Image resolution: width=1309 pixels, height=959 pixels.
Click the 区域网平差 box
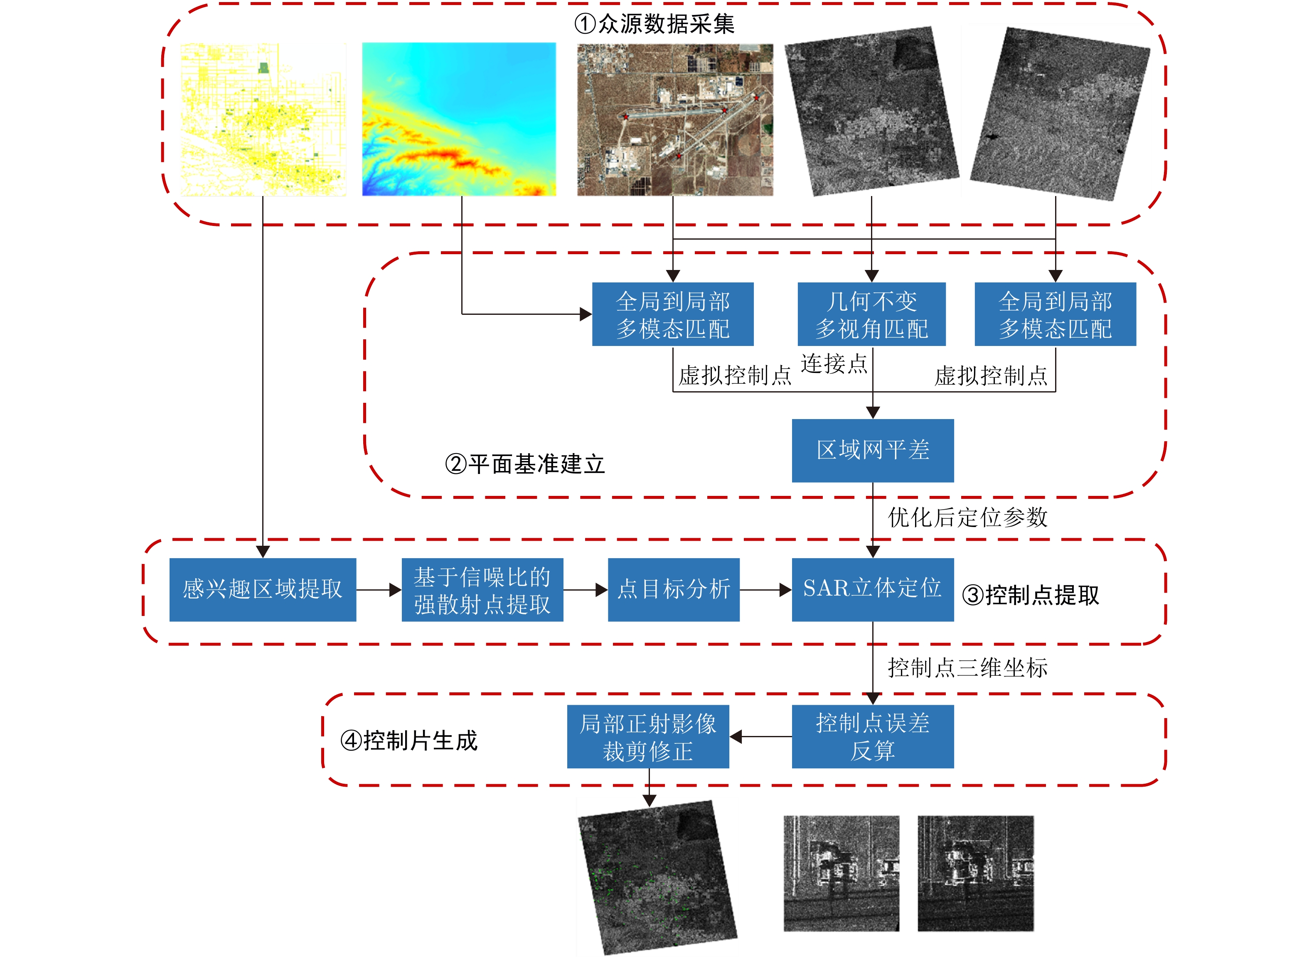tap(872, 451)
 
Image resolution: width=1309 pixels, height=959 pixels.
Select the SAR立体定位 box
tap(872, 589)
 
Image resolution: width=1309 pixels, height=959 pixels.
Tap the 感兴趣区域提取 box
tap(263, 589)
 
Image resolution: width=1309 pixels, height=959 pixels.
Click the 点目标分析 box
tap(673, 589)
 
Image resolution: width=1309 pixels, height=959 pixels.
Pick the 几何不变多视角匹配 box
tap(871, 314)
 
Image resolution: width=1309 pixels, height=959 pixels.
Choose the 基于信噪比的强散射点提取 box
tap(482, 589)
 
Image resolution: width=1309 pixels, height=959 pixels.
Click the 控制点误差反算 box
tap(872, 736)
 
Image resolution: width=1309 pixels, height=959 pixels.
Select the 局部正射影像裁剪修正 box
tap(647, 736)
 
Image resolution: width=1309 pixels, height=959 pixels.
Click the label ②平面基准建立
tap(525, 464)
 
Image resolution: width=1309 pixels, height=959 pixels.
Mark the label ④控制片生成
tap(409, 741)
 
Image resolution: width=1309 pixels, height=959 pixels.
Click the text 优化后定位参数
tap(967, 517)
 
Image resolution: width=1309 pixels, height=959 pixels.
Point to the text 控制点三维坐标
tap(967, 667)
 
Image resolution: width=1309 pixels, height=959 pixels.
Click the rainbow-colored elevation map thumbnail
tap(459, 119)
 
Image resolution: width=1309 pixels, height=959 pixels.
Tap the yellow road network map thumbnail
tap(263, 119)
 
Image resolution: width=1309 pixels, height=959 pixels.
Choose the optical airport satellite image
tap(675, 120)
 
